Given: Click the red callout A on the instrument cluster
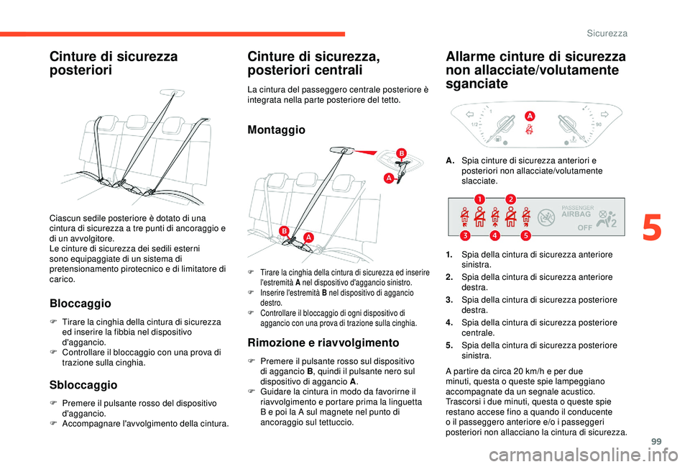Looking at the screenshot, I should coord(530,116).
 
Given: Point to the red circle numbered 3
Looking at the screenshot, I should coord(465,235).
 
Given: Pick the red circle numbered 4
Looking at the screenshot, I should coord(495,235).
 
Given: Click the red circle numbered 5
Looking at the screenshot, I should coord(525,235).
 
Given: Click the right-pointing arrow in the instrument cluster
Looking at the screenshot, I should coord(604,114).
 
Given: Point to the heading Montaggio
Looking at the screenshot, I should coord(276,130).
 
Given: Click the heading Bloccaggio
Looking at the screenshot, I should coord(79,304).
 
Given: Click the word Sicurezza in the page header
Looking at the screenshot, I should coord(607,33).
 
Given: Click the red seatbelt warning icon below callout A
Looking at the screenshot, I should coord(528,130).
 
